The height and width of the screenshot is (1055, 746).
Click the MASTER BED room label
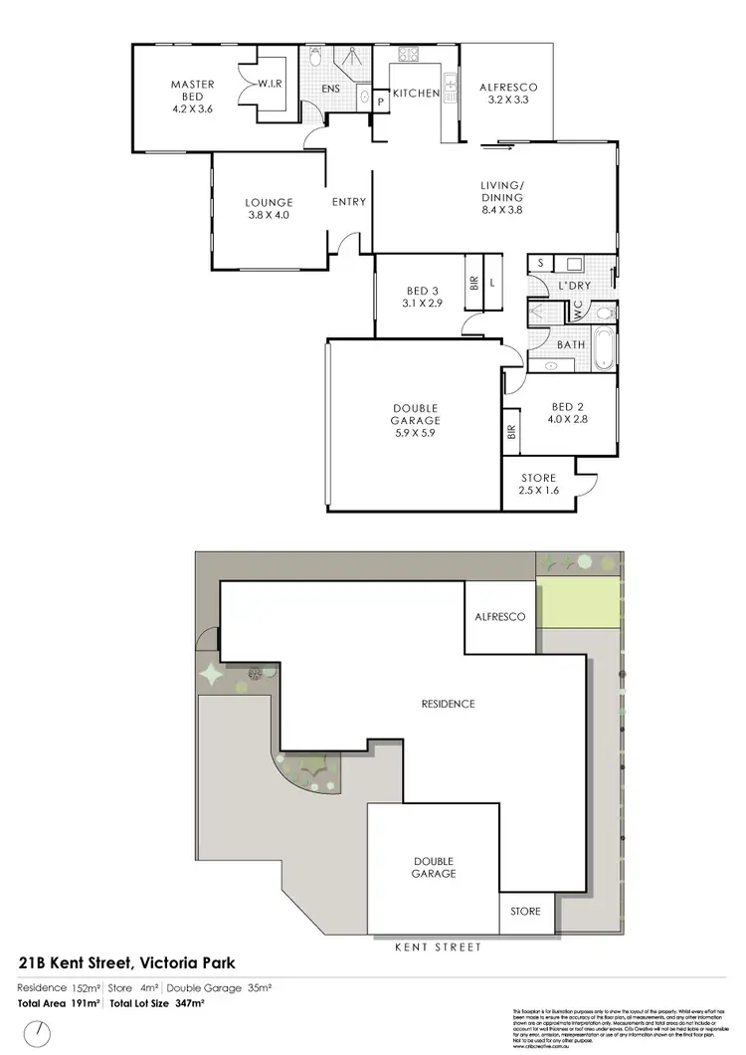(x=192, y=98)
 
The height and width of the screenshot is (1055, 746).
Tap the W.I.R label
(x=270, y=86)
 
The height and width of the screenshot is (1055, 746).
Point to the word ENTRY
(x=349, y=202)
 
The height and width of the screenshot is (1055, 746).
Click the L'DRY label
(x=574, y=286)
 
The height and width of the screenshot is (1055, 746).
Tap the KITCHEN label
(x=416, y=94)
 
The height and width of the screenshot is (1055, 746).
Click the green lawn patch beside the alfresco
(x=576, y=603)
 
